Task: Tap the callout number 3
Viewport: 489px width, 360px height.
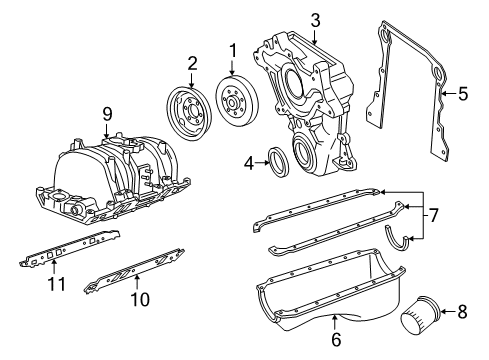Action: [314, 19]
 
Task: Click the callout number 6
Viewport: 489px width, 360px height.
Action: [335, 339]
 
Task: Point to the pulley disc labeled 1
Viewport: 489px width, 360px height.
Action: [236, 102]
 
